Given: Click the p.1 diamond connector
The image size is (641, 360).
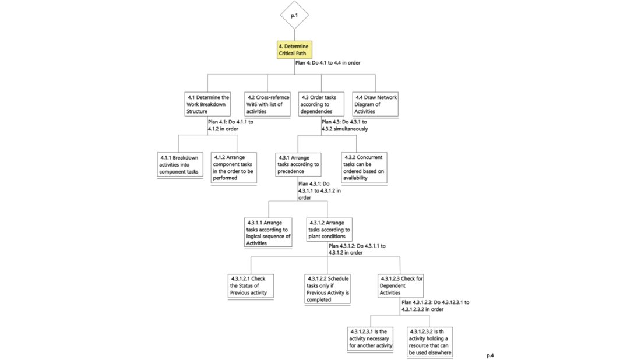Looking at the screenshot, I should point(294,15).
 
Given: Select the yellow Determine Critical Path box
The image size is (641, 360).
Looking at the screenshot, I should point(294,50).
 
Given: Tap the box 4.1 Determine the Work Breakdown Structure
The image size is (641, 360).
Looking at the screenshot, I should point(208,104).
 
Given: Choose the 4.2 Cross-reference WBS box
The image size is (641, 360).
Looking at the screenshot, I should point(267,104).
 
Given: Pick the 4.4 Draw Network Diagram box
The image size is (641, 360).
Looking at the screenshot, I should point(376,104).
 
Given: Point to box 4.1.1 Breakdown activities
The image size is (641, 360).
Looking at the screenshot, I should point(179,164).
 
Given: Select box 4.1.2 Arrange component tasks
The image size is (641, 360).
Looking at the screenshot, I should point(234,168).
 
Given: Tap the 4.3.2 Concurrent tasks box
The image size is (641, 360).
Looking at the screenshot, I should point(364,168).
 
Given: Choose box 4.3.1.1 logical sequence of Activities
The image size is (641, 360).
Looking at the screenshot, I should point(269,232).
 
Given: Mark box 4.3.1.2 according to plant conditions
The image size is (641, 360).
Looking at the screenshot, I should point(329,230).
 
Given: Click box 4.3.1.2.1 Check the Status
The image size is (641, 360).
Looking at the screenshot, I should point(251,285).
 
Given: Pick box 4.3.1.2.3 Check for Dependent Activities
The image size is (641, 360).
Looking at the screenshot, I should point(400,285).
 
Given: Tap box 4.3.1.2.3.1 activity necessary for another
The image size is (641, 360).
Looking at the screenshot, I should point(371,338).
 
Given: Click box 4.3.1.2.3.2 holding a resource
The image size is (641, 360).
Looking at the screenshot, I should point(430,341).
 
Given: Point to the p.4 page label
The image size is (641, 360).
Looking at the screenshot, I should point(491,354).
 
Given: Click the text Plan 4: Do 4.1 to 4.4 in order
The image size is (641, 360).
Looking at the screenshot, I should point(327,62).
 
